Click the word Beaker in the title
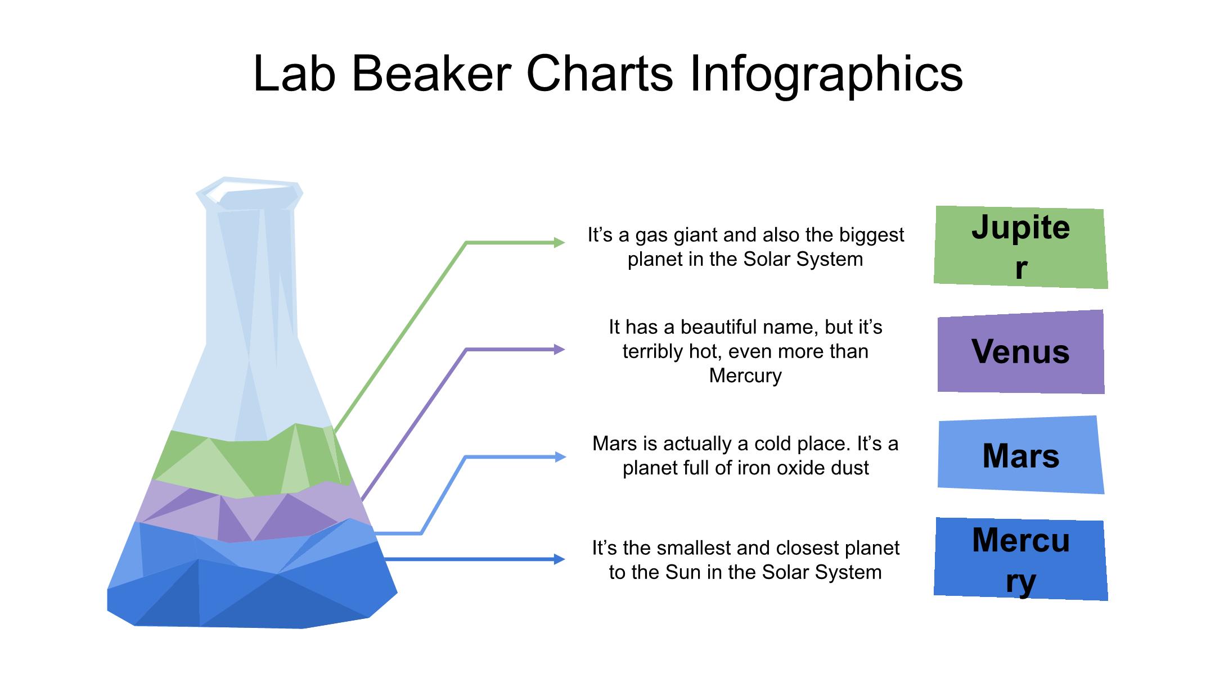pos(431,74)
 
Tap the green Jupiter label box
pos(1020,247)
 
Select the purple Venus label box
pos(1021,351)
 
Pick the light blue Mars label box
pos(1021,455)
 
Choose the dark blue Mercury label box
pos(1020,559)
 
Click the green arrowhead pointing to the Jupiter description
pos(559,243)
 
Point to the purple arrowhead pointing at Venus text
pos(559,350)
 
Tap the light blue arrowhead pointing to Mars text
pos(559,457)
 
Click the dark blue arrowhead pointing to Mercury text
pos(559,559)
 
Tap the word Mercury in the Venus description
pos(745,376)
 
